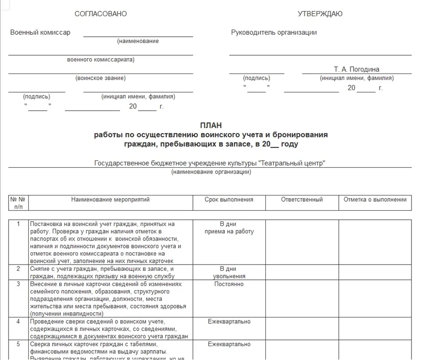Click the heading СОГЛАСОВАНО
(x=101, y=14)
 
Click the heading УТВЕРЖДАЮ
(x=320, y=14)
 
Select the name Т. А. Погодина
(x=357, y=69)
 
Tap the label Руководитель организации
(x=274, y=32)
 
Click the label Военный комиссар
(x=40, y=32)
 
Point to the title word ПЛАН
(x=210, y=125)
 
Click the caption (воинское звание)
(x=101, y=78)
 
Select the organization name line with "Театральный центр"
(x=210, y=163)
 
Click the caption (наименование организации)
(x=211, y=172)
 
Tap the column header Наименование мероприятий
(x=110, y=200)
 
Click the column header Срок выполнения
(x=229, y=200)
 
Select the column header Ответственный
(x=302, y=200)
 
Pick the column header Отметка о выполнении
(x=375, y=200)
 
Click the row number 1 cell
(x=19, y=224)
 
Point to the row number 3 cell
(x=19, y=284)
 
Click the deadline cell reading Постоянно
(x=229, y=284)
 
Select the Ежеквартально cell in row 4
(x=229, y=321)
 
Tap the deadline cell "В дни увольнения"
(x=229, y=272)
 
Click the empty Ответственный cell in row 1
(x=302, y=242)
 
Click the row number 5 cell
(x=19, y=344)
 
